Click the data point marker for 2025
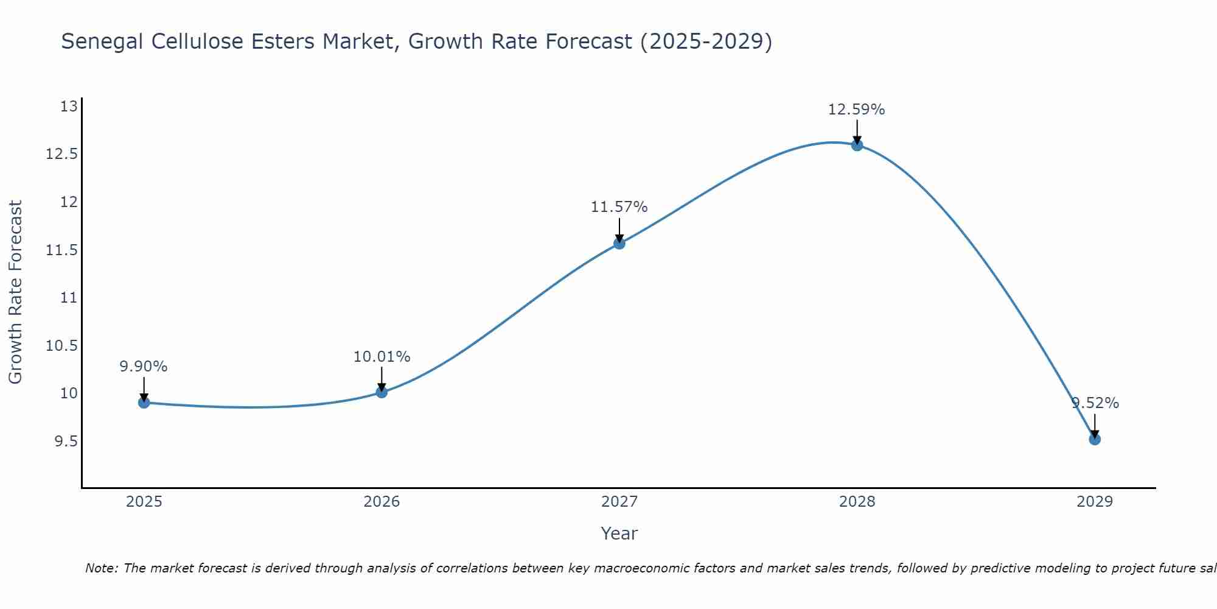[x=144, y=403]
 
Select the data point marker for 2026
[x=382, y=392]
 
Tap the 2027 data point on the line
[x=619, y=244]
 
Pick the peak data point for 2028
[x=857, y=145]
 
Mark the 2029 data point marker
[x=1095, y=439]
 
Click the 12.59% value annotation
[x=856, y=110]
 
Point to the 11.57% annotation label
[x=619, y=207]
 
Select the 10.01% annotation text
[x=382, y=357]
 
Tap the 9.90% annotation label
[x=144, y=367]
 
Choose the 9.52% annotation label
[x=1095, y=403]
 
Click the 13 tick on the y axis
[x=69, y=107]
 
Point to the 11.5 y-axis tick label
[x=62, y=250]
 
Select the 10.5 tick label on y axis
[x=62, y=346]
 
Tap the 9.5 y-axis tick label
[x=66, y=442]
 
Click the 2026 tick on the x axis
[x=382, y=502]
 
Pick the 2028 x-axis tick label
[x=857, y=502]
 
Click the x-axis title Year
[x=619, y=533]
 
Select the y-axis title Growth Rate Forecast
[x=15, y=292]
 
